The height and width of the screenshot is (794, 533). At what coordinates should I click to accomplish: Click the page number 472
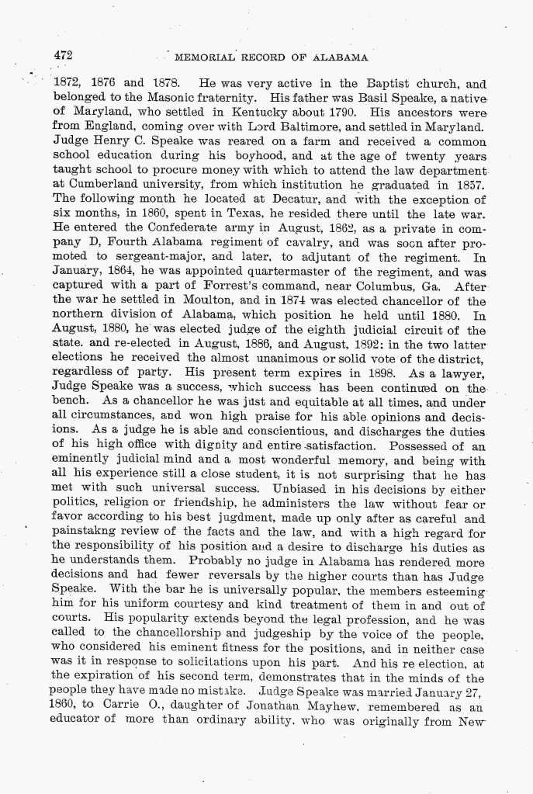point(63,55)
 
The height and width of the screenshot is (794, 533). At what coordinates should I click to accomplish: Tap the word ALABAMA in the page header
point(339,57)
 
